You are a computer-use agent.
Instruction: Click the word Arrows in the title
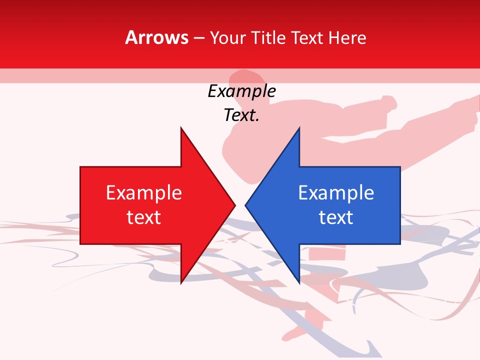point(157,37)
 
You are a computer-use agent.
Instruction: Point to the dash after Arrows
point(198,38)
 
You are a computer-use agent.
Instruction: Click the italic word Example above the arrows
point(241,91)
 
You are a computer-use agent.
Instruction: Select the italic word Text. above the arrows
point(241,115)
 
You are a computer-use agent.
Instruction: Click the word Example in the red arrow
point(144,193)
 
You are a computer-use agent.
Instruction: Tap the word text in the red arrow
point(144,217)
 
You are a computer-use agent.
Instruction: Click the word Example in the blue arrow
point(336,193)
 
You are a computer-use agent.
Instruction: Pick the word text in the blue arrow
point(336,217)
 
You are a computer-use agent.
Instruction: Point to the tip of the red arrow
point(235,205)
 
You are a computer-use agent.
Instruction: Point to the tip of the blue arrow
point(245,205)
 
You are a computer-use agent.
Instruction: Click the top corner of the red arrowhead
point(181,128)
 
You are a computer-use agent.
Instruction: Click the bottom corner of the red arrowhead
point(181,283)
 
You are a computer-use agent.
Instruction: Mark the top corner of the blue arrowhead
point(299,128)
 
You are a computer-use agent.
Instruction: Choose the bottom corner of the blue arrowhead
point(299,283)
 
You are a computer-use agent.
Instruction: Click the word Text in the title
point(307,37)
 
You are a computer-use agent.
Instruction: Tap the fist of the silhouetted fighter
point(387,103)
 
